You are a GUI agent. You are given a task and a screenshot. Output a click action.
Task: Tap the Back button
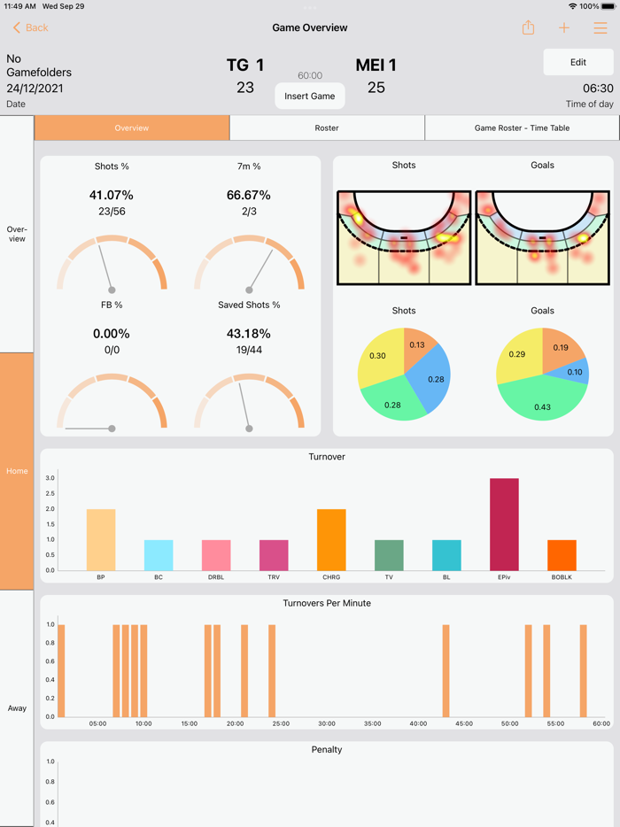pyautogui.click(x=30, y=28)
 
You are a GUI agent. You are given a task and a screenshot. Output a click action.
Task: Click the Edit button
pyautogui.click(x=577, y=63)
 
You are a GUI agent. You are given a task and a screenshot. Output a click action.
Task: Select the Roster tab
pyautogui.click(x=327, y=128)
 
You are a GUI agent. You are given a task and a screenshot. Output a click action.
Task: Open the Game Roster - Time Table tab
pyautogui.click(x=522, y=128)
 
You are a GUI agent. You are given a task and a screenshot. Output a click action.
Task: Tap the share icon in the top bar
pyautogui.click(x=528, y=28)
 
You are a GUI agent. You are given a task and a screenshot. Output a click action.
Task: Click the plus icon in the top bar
pyautogui.click(x=564, y=28)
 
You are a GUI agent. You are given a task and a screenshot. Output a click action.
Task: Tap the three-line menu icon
pyautogui.click(x=601, y=28)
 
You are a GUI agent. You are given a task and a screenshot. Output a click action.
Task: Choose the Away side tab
pyautogui.click(x=17, y=707)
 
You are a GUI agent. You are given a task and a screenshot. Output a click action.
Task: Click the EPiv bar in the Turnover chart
pyautogui.click(x=504, y=524)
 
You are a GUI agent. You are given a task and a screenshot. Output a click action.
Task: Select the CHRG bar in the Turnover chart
pyautogui.click(x=331, y=539)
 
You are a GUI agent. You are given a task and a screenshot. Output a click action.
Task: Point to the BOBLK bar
pyautogui.click(x=562, y=555)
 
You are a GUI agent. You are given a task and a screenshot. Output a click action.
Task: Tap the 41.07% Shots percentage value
pyautogui.click(x=112, y=195)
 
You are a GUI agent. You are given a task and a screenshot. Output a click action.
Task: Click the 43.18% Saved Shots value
pyautogui.click(x=249, y=334)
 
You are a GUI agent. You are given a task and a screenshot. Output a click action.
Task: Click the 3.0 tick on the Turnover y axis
pyautogui.click(x=50, y=478)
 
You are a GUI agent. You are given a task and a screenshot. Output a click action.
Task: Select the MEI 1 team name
pyautogui.click(x=376, y=65)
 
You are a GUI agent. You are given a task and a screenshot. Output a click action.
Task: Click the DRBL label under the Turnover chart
pyautogui.click(x=216, y=577)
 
